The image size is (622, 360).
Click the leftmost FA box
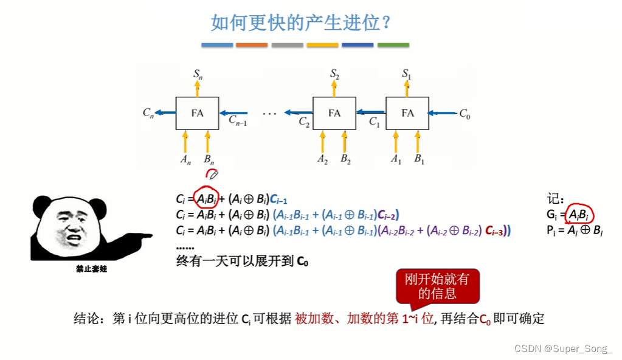coord(197,113)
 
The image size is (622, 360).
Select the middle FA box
coord(334,113)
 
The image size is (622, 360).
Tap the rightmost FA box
coord(407,113)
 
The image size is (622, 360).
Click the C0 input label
coord(465,113)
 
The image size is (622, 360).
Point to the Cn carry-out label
coord(148,112)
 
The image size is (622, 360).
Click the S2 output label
coord(334,74)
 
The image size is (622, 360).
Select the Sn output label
coord(198,74)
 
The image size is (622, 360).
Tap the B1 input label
coord(420,159)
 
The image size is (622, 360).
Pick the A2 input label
coord(323,159)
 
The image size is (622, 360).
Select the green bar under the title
coord(393,45)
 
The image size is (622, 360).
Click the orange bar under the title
coord(252,45)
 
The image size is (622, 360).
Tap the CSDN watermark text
coord(563,348)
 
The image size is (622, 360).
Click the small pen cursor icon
coord(212,175)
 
